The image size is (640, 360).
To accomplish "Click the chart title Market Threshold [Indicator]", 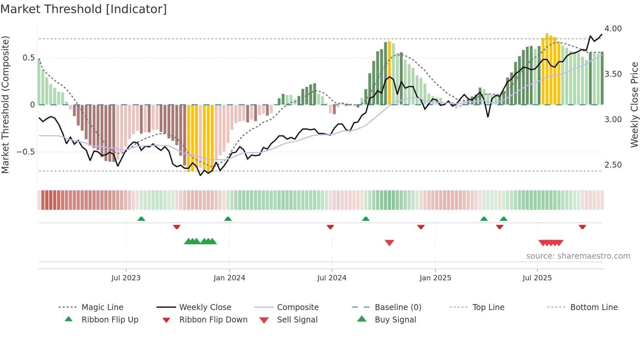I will [x=84, y=9].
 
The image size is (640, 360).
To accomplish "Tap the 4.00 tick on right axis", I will [x=613, y=29].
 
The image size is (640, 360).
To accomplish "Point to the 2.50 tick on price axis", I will [x=613, y=165].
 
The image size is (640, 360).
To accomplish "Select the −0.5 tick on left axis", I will [x=25, y=152].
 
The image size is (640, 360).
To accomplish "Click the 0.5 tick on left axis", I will [x=28, y=58].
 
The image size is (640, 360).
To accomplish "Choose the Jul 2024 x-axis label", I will [x=331, y=278].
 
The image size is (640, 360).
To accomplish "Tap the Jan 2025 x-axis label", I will [x=435, y=278].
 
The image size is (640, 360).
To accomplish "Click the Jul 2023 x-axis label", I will [x=126, y=278].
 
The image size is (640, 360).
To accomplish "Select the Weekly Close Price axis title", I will [x=634, y=105].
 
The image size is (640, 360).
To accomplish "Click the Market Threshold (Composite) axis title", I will [x=5, y=105].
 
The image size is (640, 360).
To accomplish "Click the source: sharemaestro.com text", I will [x=578, y=256].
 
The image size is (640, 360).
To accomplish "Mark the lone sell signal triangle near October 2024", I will [x=389, y=243].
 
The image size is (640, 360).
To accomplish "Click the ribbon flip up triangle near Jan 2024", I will [x=228, y=219].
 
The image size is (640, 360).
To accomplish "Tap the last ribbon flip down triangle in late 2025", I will [x=582, y=227].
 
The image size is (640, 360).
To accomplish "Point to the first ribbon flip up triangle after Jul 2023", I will [x=141, y=219].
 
